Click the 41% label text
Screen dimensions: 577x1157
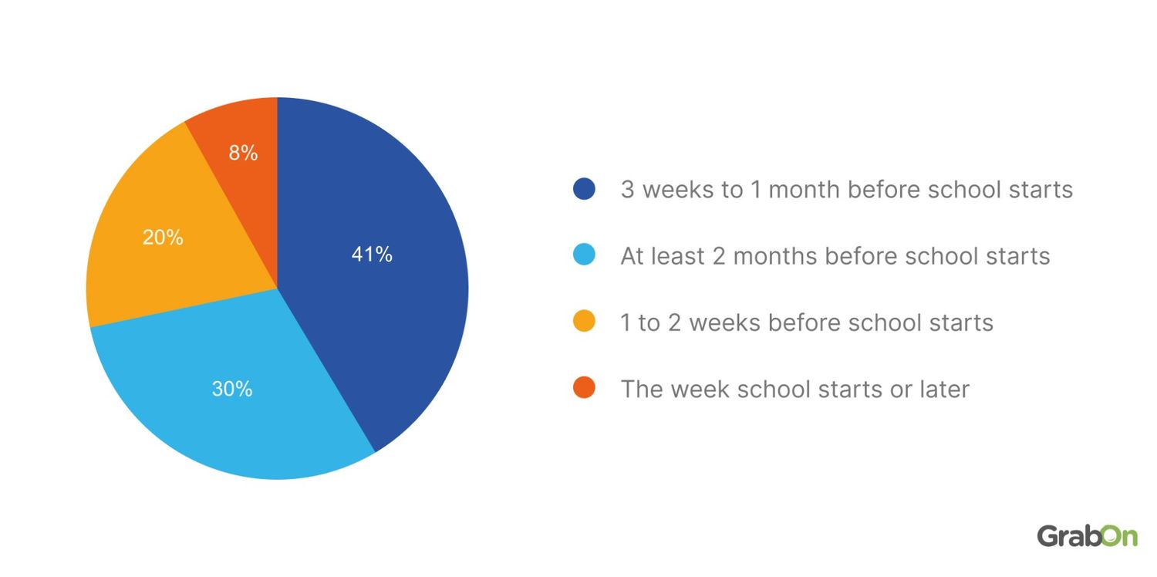[372, 255]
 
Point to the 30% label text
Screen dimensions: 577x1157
[232, 389]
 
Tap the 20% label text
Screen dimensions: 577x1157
[163, 238]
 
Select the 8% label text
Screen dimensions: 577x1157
[243, 154]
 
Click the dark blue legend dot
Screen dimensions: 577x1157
[584, 189]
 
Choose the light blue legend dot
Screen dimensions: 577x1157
[584, 255]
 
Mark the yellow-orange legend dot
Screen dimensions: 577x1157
[584, 322]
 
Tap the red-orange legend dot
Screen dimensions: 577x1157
[584, 388]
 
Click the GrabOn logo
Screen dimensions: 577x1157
[1087, 535]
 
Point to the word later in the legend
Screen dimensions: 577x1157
[943, 389]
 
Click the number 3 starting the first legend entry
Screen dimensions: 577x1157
[627, 190]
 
